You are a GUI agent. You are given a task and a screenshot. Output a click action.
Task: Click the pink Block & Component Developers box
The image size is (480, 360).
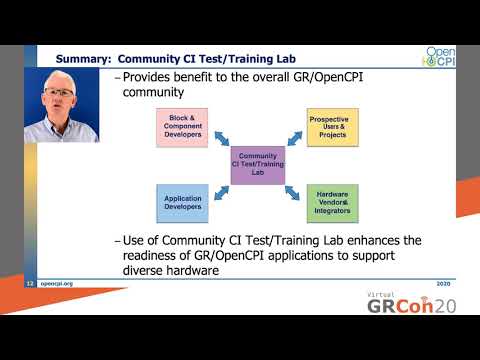(180, 127)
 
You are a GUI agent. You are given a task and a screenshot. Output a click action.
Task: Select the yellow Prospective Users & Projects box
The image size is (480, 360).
(332, 127)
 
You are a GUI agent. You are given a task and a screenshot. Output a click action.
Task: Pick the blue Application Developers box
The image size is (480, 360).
(182, 203)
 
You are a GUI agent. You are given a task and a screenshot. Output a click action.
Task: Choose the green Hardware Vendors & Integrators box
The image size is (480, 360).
(332, 203)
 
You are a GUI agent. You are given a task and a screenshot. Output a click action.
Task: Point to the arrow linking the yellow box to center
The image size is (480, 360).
(294, 142)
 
